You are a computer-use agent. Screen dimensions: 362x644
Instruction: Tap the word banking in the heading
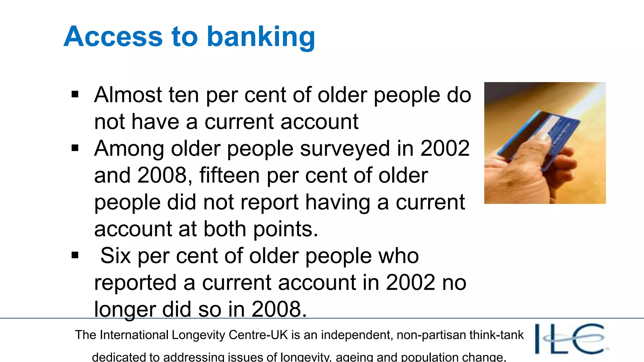(261, 37)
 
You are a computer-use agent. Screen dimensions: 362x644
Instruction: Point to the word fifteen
(230, 175)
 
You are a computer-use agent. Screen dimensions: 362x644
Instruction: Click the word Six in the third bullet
(115, 255)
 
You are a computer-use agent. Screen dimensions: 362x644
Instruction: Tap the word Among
(129, 149)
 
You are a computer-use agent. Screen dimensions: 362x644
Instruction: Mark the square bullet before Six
(75, 255)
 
